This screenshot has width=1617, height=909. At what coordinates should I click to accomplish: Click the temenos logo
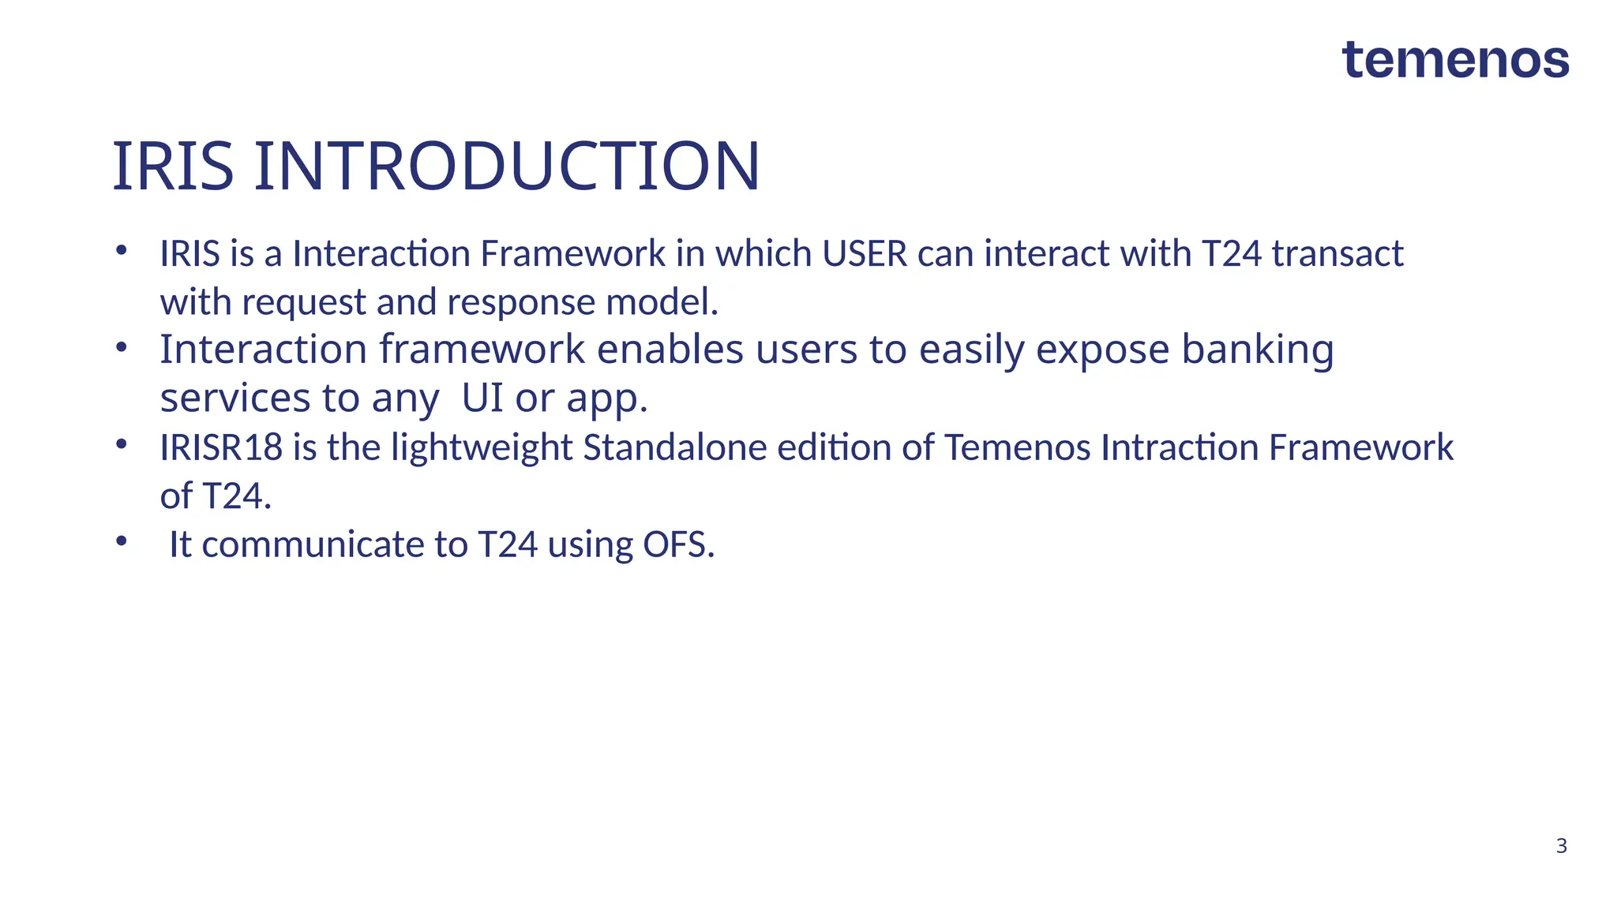point(1455,61)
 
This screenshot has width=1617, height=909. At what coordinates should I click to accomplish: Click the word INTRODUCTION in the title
point(506,166)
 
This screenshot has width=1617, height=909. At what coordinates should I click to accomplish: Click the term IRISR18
point(221,447)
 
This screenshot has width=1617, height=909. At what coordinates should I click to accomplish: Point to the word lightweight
point(482,448)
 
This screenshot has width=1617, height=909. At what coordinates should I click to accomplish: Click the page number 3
point(1561,846)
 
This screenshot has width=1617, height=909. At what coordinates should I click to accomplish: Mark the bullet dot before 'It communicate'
point(121,541)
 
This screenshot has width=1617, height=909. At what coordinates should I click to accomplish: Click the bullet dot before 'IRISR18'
point(121,444)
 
